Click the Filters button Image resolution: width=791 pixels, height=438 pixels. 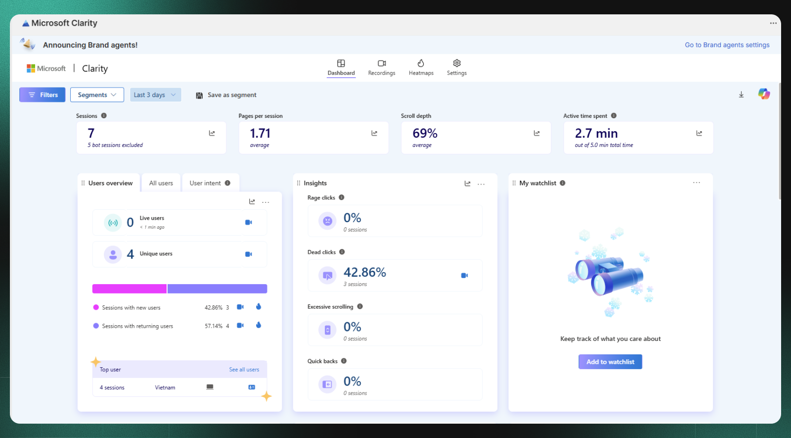(43, 95)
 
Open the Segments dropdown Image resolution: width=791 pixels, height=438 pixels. (97, 95)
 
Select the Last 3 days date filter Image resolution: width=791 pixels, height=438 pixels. (155, 95)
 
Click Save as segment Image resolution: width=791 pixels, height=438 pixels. (226, 95)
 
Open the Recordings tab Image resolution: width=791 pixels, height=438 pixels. (382, 67)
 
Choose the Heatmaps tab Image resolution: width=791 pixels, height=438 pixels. (421, 67)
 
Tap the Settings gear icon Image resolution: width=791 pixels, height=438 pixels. (457, 63)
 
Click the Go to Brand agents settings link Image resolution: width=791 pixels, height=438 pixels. (727, 45)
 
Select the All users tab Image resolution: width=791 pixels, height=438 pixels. (161, 183)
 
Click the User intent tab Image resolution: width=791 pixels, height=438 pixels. (205, 183)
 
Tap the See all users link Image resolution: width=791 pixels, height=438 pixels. (244, 370)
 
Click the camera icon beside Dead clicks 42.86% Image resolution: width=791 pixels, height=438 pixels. (464, 275)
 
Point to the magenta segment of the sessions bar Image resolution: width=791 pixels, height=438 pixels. (130, 289)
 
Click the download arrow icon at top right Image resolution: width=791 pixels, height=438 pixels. (741, 95)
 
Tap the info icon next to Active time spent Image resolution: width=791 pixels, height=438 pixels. (614, 116)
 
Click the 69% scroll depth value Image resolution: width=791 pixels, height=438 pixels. (425, 133)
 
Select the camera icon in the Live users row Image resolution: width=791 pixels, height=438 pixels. (249, 222)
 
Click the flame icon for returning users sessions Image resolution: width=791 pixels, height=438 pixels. (259, 325)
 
